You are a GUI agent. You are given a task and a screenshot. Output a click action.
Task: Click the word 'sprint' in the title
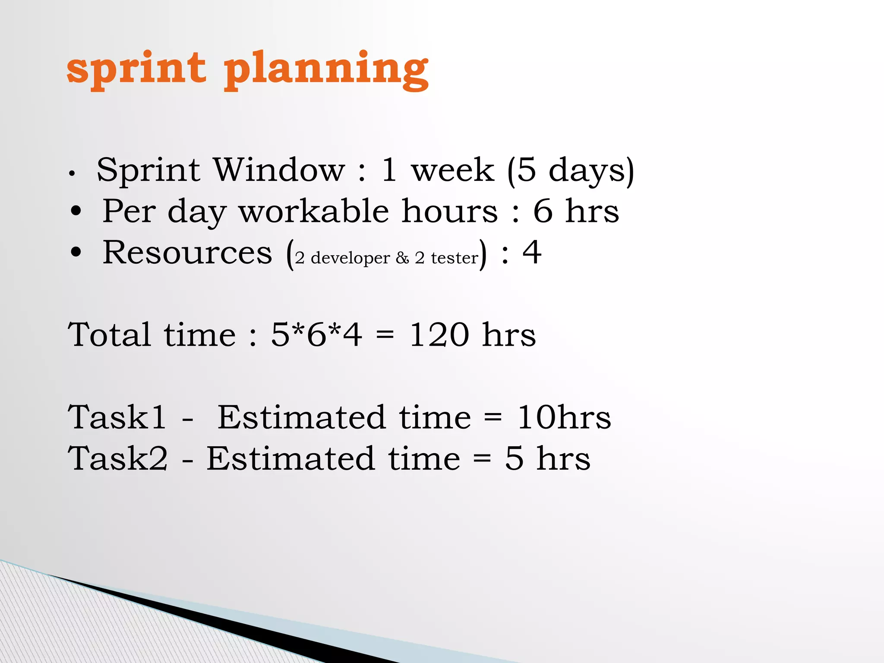[x=136, y=69]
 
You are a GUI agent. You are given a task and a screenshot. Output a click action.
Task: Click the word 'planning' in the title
[x=326, y=70]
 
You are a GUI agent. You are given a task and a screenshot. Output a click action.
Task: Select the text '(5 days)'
[x=570, y=171]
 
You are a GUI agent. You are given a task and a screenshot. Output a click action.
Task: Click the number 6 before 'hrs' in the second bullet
[x=543, y=212]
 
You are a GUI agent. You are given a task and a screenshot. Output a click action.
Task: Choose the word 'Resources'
[x=187, y=253]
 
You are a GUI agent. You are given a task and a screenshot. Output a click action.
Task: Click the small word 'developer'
[x=350, y=258]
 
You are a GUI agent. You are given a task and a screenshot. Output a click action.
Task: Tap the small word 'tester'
[x=454, y=258]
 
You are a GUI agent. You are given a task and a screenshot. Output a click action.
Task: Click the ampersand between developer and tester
[x=402, y=258]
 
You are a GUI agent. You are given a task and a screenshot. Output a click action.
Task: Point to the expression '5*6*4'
[x=316, y=335]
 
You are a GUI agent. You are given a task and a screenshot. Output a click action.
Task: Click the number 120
[x=439, y=335]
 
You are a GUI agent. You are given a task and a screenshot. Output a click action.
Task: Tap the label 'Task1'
[x=117, y=418]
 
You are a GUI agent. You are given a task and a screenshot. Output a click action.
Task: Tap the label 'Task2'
[x=117, y=459]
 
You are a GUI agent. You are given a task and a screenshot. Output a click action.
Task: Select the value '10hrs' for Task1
[x=564, y=418]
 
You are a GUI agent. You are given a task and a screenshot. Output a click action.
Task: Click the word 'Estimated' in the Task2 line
[x=290, y=459]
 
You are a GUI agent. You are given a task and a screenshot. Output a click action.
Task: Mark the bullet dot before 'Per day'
[x=76, y=211]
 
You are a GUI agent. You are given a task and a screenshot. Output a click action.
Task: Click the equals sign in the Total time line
[x=385, y=336]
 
